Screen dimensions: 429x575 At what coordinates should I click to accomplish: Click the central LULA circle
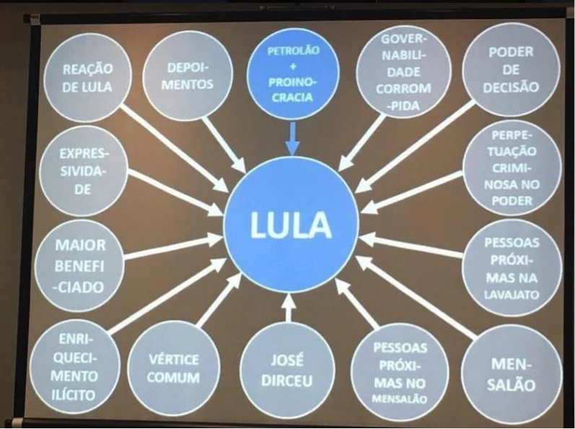pos(291,225)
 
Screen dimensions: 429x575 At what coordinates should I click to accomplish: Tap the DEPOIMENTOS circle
pos(188,75)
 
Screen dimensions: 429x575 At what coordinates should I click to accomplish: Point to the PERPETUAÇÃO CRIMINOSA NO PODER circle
pos(512,168)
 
